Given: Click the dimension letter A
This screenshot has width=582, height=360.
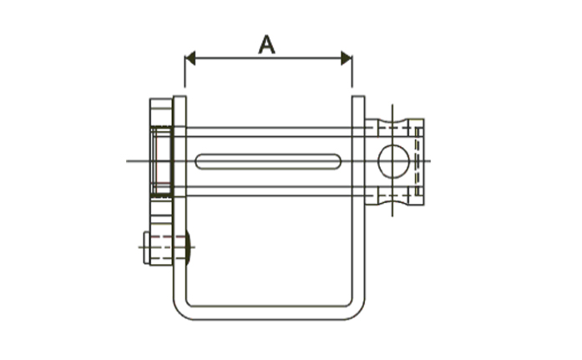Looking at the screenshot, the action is point(266,45).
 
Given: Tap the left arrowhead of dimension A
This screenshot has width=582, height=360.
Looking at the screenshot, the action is point(190,58).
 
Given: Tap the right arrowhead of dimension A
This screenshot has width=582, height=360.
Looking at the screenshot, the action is point(347,58).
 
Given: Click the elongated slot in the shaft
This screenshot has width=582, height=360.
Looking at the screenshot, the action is point(268,161).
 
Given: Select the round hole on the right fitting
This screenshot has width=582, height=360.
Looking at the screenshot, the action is point(393,161).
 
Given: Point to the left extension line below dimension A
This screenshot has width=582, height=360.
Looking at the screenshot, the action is point(185,72).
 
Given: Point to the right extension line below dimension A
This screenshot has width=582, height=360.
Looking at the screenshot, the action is point(352,72).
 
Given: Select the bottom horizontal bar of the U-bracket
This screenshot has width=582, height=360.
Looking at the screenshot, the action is point(269,313).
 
